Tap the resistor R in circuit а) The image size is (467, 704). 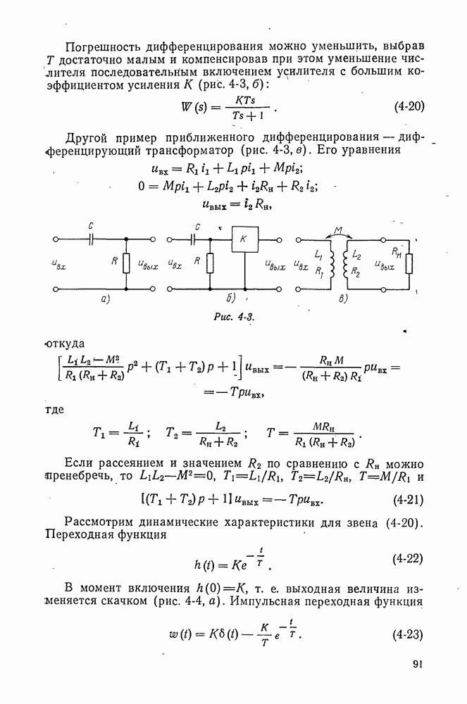(126, 263)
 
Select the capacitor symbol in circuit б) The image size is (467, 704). (194, 240)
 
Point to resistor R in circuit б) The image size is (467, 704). (210, 263)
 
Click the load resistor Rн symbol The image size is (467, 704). (409, 263)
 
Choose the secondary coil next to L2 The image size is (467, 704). (347, 265)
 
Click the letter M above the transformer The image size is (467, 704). (339, 230)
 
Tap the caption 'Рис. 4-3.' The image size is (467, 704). (235, 317)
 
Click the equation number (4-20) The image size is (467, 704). (409, 106)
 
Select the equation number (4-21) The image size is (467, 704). (409, 500)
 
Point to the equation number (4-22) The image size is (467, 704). (408, 559)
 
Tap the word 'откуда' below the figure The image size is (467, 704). (66, 344)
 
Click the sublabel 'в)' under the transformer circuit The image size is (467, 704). (343, 298)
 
